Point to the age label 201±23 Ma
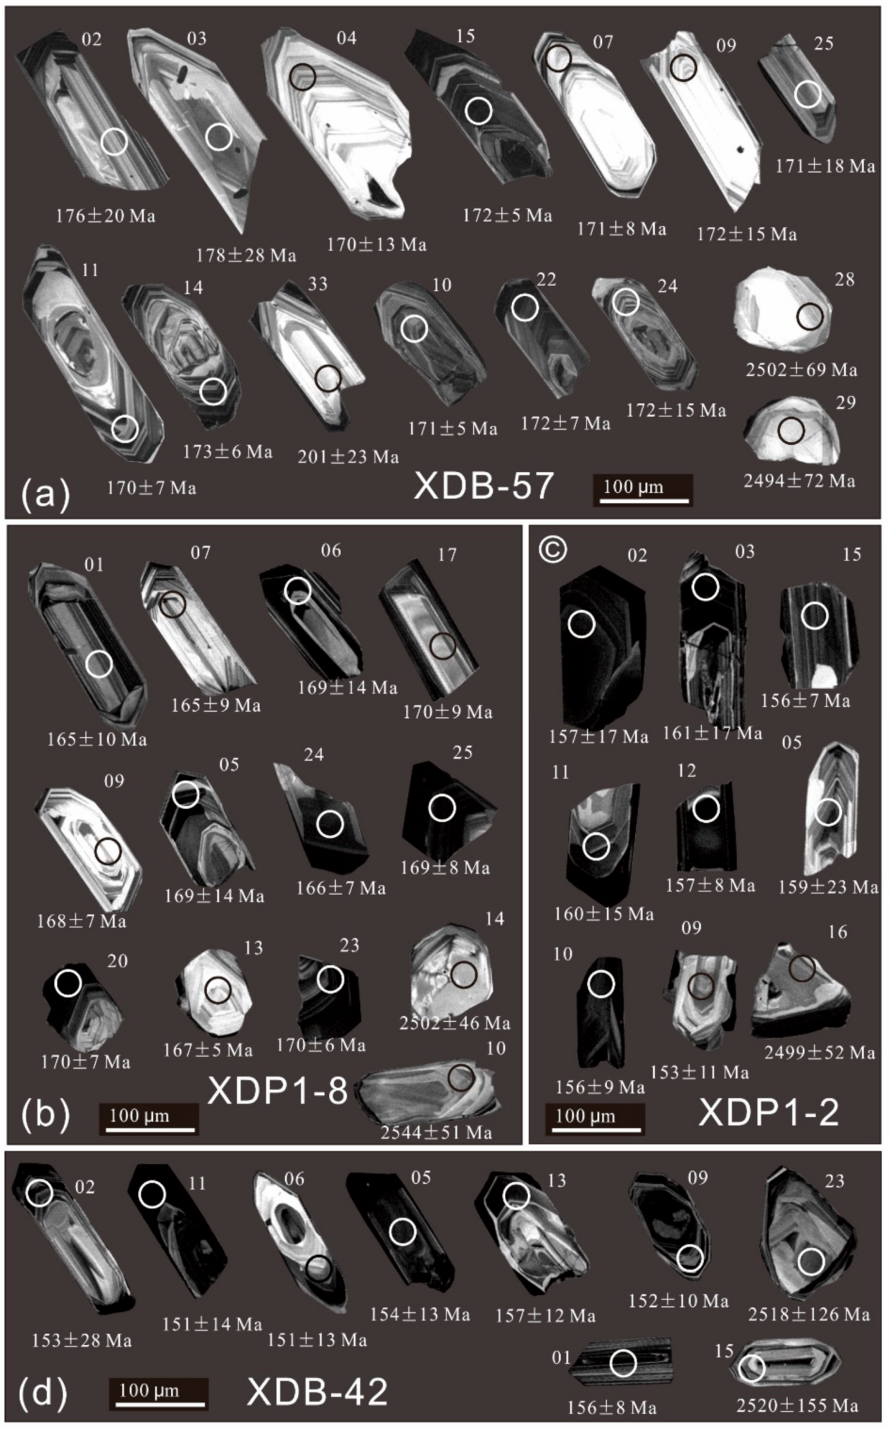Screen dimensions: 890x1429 click(x=348, y=457)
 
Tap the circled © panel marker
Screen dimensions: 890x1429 click(x=552, y=550)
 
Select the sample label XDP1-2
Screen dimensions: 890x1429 click(x=769, y=1113)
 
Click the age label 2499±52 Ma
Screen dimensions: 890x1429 click(x=820, y=1053)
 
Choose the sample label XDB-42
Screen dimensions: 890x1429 click(x=317, y=1392)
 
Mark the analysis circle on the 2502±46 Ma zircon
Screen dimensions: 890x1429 click(x=463, y=975)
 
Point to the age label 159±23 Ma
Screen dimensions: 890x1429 click(x=828, y=887)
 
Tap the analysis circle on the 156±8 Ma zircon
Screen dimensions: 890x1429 click(x=622, y=1363)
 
